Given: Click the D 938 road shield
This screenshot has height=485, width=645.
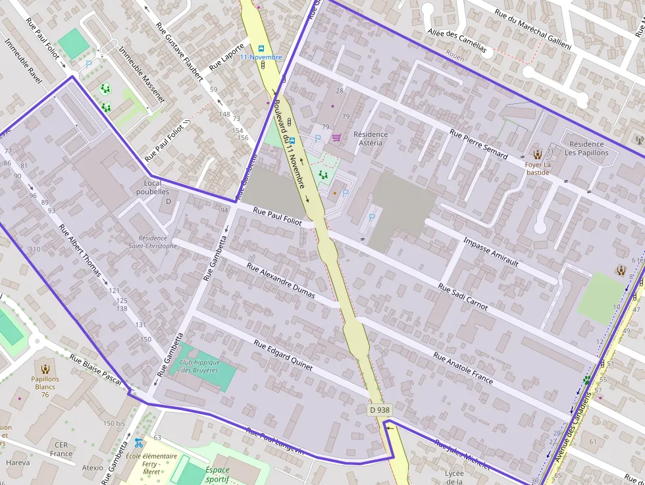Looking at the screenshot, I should (380, 409).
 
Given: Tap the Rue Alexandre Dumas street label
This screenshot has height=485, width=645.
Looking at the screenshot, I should (280, 280).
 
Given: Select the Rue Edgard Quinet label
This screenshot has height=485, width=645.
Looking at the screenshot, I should (283, 355).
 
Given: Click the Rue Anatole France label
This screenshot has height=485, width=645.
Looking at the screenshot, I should (463, 368).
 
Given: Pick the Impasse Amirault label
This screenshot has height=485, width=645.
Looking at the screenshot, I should (491, 251).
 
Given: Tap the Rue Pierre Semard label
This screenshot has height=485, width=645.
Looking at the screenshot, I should (478, 143).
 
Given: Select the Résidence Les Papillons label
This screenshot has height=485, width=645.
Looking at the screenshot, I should (586, 148).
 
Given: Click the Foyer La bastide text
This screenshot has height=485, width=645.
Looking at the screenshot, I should (537, 168).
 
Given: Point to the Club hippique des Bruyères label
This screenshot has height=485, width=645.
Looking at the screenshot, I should (199, 366).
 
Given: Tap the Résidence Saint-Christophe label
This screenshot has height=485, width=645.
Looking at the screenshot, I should (157, 242).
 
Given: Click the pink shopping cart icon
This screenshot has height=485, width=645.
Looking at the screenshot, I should (337, 138).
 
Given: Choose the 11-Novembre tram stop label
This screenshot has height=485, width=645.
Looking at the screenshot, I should (261, 57).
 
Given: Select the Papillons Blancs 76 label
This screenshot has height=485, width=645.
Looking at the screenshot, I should (45, 386).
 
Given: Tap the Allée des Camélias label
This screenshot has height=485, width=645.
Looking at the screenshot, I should (457, 41).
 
